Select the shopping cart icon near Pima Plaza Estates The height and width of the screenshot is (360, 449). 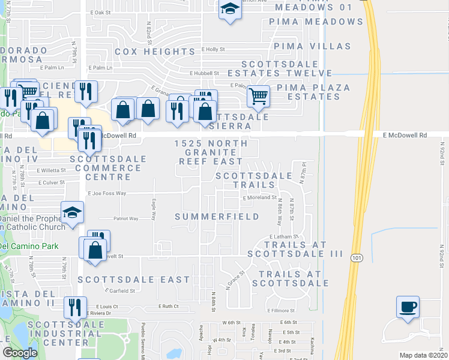(x=258, y=95)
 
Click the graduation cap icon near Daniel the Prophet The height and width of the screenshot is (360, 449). (x=72, y=214)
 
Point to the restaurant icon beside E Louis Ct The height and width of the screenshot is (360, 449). (x=75, y=308)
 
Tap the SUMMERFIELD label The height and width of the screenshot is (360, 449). (x=217, y=217)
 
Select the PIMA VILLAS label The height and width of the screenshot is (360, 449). (x=312, y=46)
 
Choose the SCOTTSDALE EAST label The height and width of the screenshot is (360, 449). (x=133, y=280)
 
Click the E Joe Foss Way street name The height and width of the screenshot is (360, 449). (x=107, y=193)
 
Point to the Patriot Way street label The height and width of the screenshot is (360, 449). (x=126, y=219)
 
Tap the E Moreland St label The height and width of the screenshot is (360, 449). (x=259, y=197)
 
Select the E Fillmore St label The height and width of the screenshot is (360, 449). (x=280, y=311)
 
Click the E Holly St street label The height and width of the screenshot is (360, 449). (x=213, y=50)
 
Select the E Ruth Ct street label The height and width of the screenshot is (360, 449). (x=169, y=306)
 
